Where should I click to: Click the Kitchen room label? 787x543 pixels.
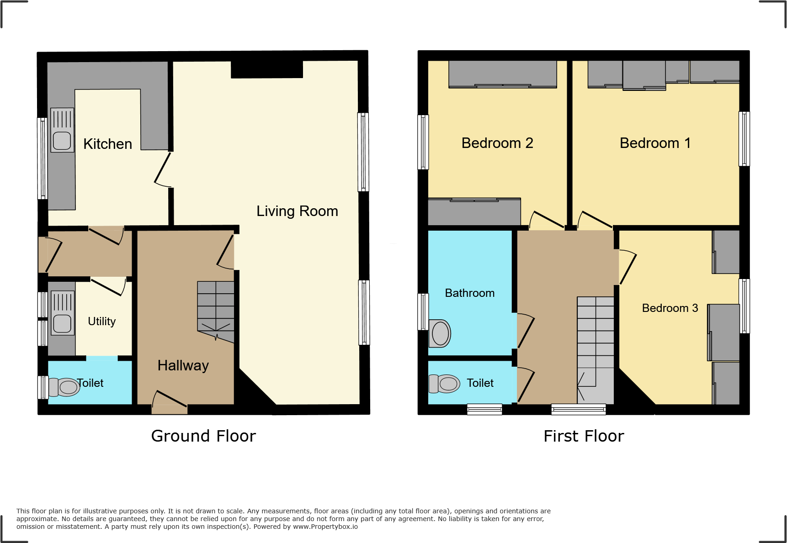click(x=107, y=144)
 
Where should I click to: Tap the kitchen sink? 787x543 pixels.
click(x=62, y=131)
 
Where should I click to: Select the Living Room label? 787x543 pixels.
click(x=297, y=211)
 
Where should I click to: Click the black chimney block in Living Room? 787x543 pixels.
click(x=267, y=69)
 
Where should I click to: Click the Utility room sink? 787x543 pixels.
click(x=63, y=314)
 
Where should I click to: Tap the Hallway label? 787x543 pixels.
click(x=183, y=365)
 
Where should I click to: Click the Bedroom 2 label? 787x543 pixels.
click(x=497, y=143)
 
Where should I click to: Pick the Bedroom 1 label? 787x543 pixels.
click(x=655, y=143)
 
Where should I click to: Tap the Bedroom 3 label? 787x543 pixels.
click(x=670, y=308)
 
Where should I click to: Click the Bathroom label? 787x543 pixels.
click(x=469, y=293)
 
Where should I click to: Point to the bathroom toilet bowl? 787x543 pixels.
click(x=440, y=333)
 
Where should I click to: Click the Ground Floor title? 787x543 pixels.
click(x=203, y=436)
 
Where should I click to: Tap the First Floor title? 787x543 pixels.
click(x=584, y=436)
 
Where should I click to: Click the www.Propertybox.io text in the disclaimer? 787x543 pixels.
click(x=325, y=527)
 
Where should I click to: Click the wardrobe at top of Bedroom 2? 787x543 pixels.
click(x=502, y=74)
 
